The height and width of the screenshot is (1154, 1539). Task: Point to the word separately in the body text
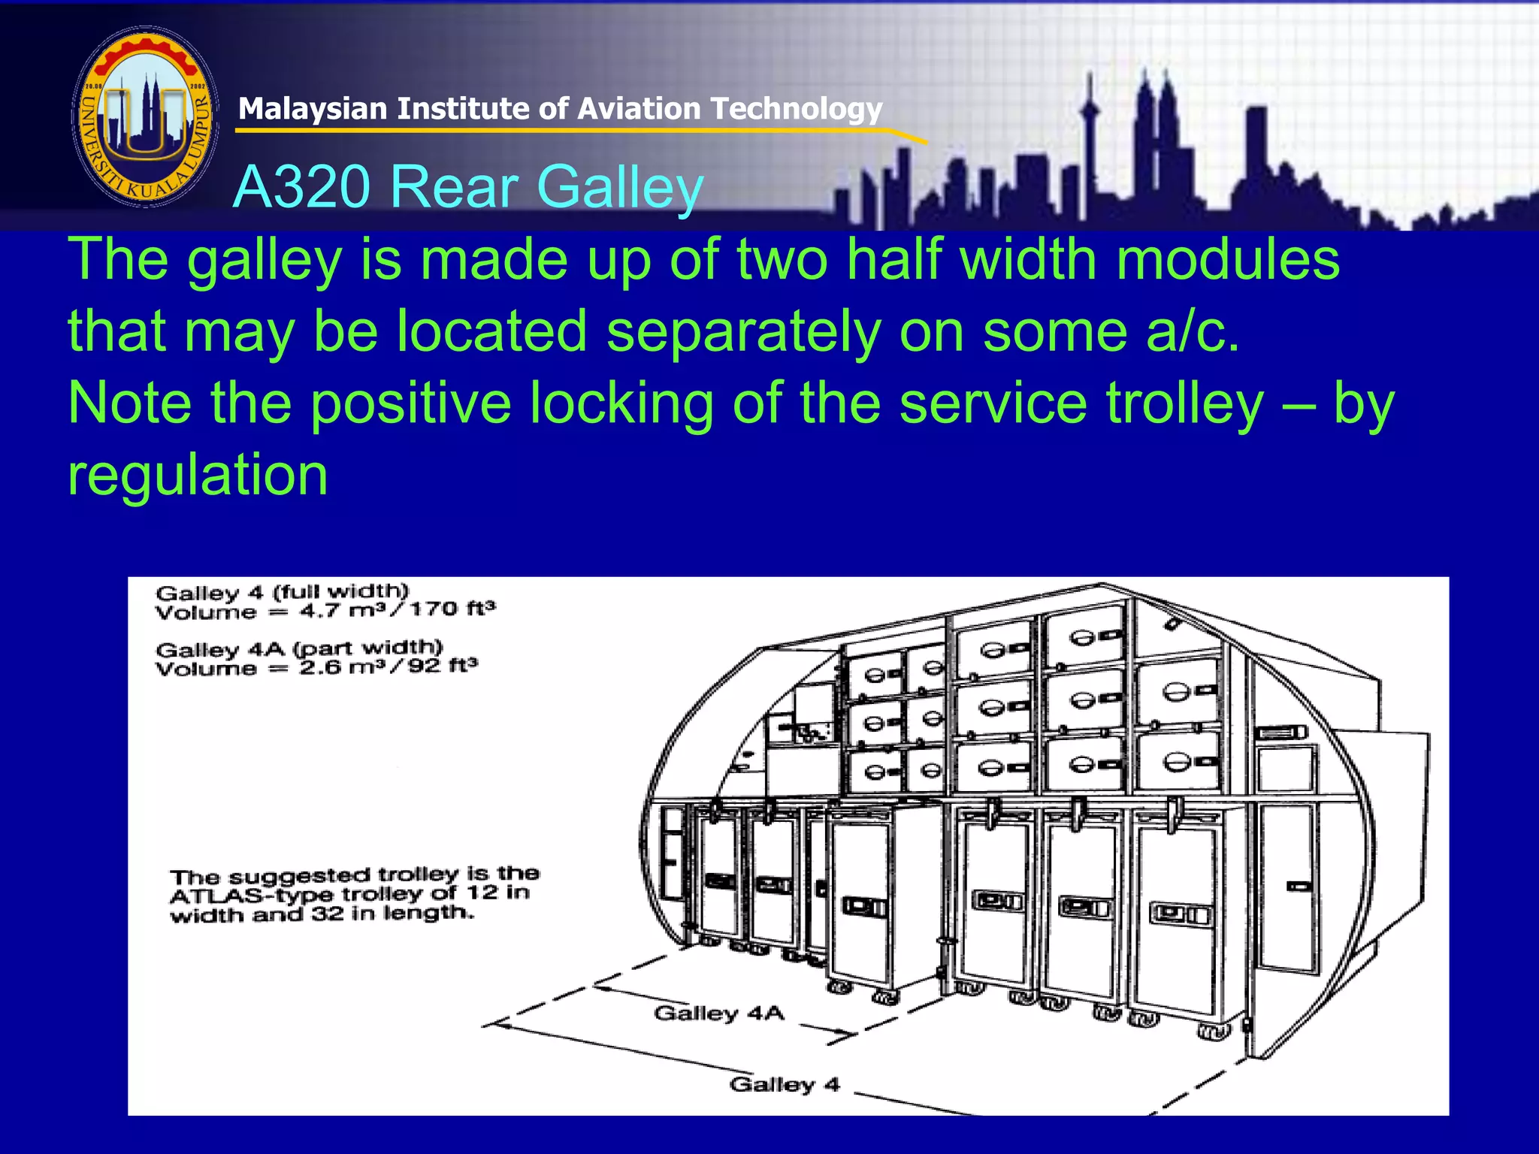(743, 331)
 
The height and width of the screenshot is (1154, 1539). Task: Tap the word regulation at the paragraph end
(198, 475)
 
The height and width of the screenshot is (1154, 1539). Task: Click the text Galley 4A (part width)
(299, 648)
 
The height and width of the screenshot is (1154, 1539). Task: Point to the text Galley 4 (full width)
(282, 592)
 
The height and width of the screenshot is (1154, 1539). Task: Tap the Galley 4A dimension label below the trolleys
(719, 1013)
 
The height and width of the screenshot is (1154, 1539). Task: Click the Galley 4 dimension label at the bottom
(784, 1084)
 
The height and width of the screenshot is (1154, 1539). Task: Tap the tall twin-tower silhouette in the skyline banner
(1156, 128)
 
